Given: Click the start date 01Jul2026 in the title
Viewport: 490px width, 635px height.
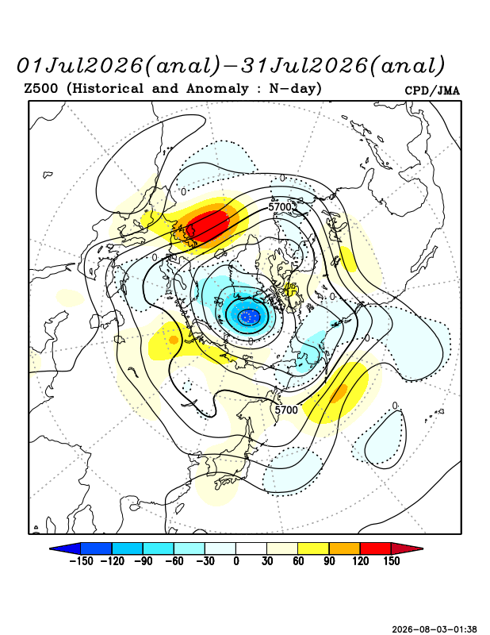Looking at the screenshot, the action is [80, 66].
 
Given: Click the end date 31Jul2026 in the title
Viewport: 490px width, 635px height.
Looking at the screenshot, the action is [304, 66].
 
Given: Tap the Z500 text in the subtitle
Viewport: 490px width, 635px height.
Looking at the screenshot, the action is [41, 88].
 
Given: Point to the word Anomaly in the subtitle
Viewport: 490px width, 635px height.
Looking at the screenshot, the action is [217, 88].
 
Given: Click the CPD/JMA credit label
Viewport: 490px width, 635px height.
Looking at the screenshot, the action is [432, 90].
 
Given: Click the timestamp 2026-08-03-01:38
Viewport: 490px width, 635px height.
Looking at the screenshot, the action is [434, 629].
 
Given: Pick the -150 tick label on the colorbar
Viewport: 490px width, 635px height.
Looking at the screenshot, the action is [81, 561].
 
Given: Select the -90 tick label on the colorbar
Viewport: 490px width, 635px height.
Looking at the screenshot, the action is [143, 561].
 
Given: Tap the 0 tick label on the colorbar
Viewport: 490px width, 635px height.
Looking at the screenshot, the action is [236, 561].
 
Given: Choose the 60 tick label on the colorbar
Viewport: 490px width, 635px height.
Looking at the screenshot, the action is [298, 561].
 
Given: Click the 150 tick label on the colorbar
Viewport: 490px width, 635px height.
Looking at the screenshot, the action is [391, 561].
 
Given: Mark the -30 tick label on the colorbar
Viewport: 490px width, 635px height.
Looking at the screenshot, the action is [205, 561].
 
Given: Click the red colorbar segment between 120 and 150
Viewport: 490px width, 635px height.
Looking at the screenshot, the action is [376, 548].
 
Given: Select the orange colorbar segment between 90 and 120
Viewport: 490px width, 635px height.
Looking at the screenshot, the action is [344, 548].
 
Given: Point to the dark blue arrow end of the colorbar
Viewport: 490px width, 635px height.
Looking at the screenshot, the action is [67, 548].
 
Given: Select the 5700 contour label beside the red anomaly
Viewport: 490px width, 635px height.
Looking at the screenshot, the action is [280, 207].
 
